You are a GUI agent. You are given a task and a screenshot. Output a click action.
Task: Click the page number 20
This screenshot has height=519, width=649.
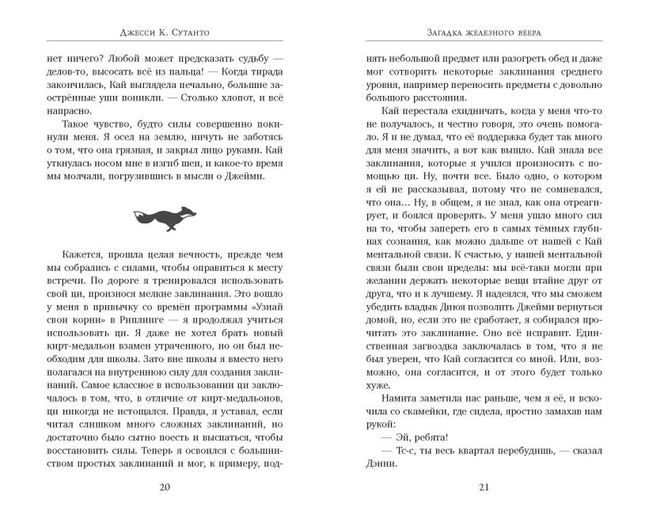click(165, 487)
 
